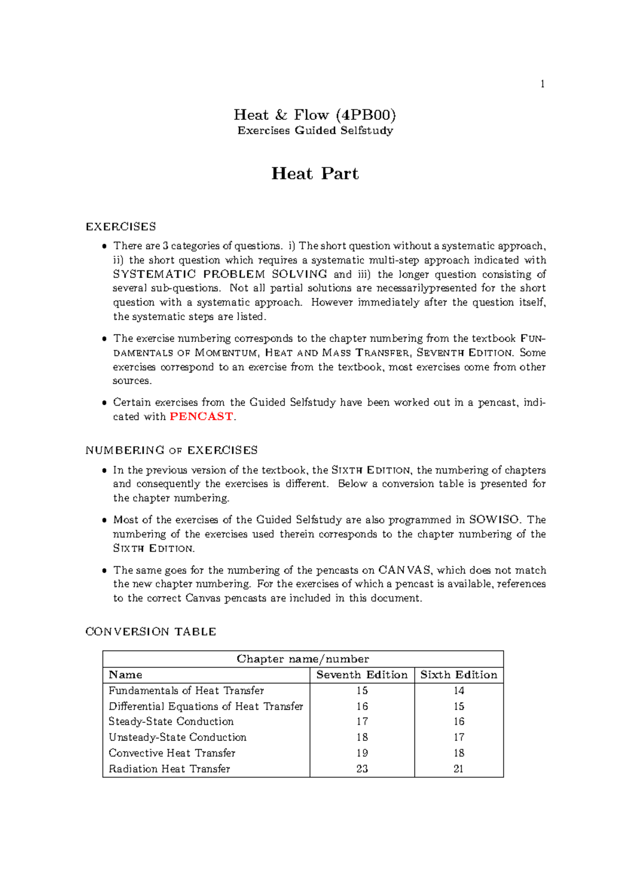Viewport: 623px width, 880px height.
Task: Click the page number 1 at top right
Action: click(x=543, y=84)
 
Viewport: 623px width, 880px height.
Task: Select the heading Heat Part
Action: click(x=315, y=173)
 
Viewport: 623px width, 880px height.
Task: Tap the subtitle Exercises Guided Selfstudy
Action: click(x=315, y=131)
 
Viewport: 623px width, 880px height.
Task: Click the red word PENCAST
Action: click(x=201, y=417)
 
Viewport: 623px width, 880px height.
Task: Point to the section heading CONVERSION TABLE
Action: click(x=151, y=631)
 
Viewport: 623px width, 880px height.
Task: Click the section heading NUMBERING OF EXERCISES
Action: click(x=171, y=450)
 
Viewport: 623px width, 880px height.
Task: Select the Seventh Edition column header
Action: click(x=362, y=675)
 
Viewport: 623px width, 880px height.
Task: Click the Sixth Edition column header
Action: click(x=458, y=675)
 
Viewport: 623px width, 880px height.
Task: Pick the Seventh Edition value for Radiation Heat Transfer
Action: click(x=362, y=768)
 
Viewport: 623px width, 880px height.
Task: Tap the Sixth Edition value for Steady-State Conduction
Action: click(x=458, y=722)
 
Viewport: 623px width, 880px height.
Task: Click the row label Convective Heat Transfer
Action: click(x=172, y=753)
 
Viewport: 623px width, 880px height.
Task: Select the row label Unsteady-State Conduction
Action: click(x=178, y=737)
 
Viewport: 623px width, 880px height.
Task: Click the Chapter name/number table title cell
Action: click(x=303, y=659)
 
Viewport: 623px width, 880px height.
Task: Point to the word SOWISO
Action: click(x=494, y=520)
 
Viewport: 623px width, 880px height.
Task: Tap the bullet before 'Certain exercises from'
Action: click(x=104, y=403)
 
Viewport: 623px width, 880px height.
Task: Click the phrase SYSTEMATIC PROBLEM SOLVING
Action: click(x=220, y=274)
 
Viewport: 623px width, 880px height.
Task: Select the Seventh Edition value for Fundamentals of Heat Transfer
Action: click(x=362, y=691)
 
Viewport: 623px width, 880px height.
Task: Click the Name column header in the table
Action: click(x=125, y=675)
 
